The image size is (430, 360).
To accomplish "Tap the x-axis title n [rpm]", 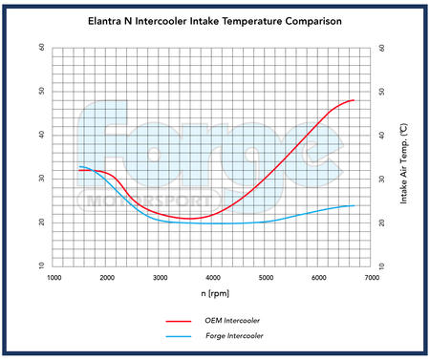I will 216,293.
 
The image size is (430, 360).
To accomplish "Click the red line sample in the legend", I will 179,323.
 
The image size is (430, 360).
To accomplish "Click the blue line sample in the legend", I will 179,336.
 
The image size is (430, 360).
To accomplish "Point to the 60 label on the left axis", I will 41,47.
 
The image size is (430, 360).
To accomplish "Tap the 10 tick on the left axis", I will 41,265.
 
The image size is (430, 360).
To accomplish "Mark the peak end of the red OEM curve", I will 354,100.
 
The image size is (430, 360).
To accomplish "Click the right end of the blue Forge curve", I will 355,205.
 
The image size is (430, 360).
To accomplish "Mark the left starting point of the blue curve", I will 80,167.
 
